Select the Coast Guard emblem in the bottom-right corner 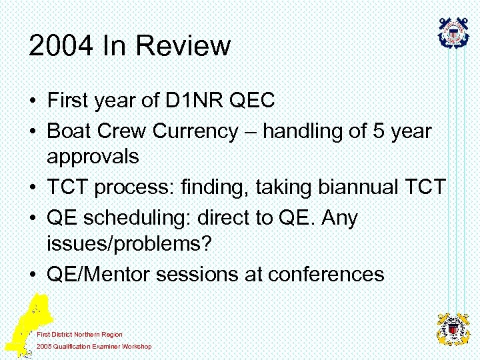[453, 329]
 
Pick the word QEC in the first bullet [251, 101]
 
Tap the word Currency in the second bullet [194, 131]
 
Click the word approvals [93, 157]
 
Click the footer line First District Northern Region [79, 334]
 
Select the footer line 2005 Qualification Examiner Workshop [94, 346]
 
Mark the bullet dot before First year [33, 102]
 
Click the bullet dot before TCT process [33, 189]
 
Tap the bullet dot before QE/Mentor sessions [33, 275]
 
